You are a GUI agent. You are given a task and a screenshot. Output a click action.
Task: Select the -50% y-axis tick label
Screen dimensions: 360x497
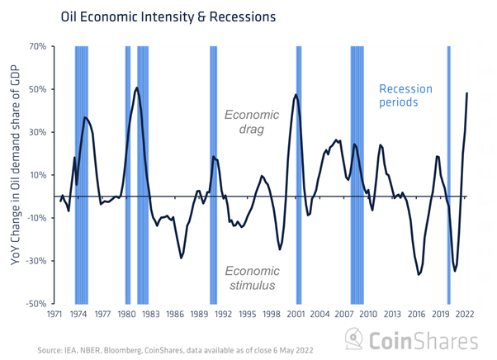tap(38, 304)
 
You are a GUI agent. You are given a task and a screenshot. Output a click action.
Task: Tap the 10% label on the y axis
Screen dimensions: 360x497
tap(40, 175)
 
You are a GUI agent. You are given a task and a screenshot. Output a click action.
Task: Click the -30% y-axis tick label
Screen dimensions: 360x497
tap(38, 261)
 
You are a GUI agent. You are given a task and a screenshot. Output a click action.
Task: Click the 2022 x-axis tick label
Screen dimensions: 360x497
tap(463, 315)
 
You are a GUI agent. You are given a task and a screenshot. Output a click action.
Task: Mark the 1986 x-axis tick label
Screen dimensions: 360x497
tap(174, 315)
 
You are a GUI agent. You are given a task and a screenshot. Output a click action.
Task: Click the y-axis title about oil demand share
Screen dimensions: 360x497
tap(13, 173)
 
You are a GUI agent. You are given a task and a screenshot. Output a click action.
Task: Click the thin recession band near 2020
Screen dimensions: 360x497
tap(448, 175)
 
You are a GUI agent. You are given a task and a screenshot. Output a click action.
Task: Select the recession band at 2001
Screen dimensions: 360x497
tap(298, 175)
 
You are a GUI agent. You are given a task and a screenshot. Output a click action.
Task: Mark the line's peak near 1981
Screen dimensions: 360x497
tap(136, 88)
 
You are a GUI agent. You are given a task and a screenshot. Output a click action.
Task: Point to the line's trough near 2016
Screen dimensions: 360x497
tap(419, 273)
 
